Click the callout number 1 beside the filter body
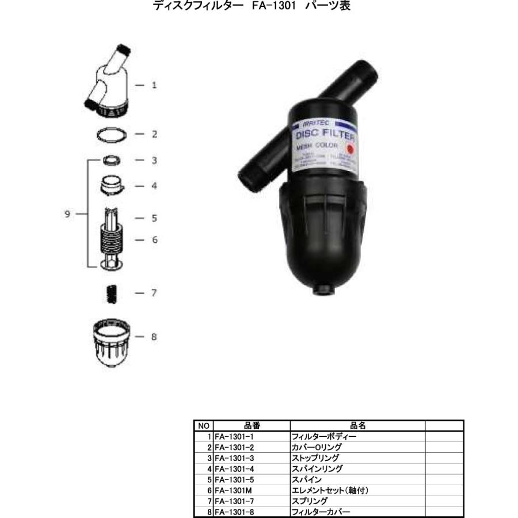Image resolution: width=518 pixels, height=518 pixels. [x=154, y=85]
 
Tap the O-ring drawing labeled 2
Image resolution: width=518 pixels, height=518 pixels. [x=112, y=135]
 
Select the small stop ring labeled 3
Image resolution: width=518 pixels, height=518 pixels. [x=112, y=159]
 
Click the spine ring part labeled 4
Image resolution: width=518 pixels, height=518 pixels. [x=112, y=185]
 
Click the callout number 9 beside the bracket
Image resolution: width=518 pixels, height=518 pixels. [x=67, y=214]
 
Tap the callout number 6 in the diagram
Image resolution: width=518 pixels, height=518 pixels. [x=154, y=239]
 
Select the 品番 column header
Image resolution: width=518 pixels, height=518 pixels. [x=252, y=426]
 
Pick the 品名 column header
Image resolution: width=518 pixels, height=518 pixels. [x=357, y=426]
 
